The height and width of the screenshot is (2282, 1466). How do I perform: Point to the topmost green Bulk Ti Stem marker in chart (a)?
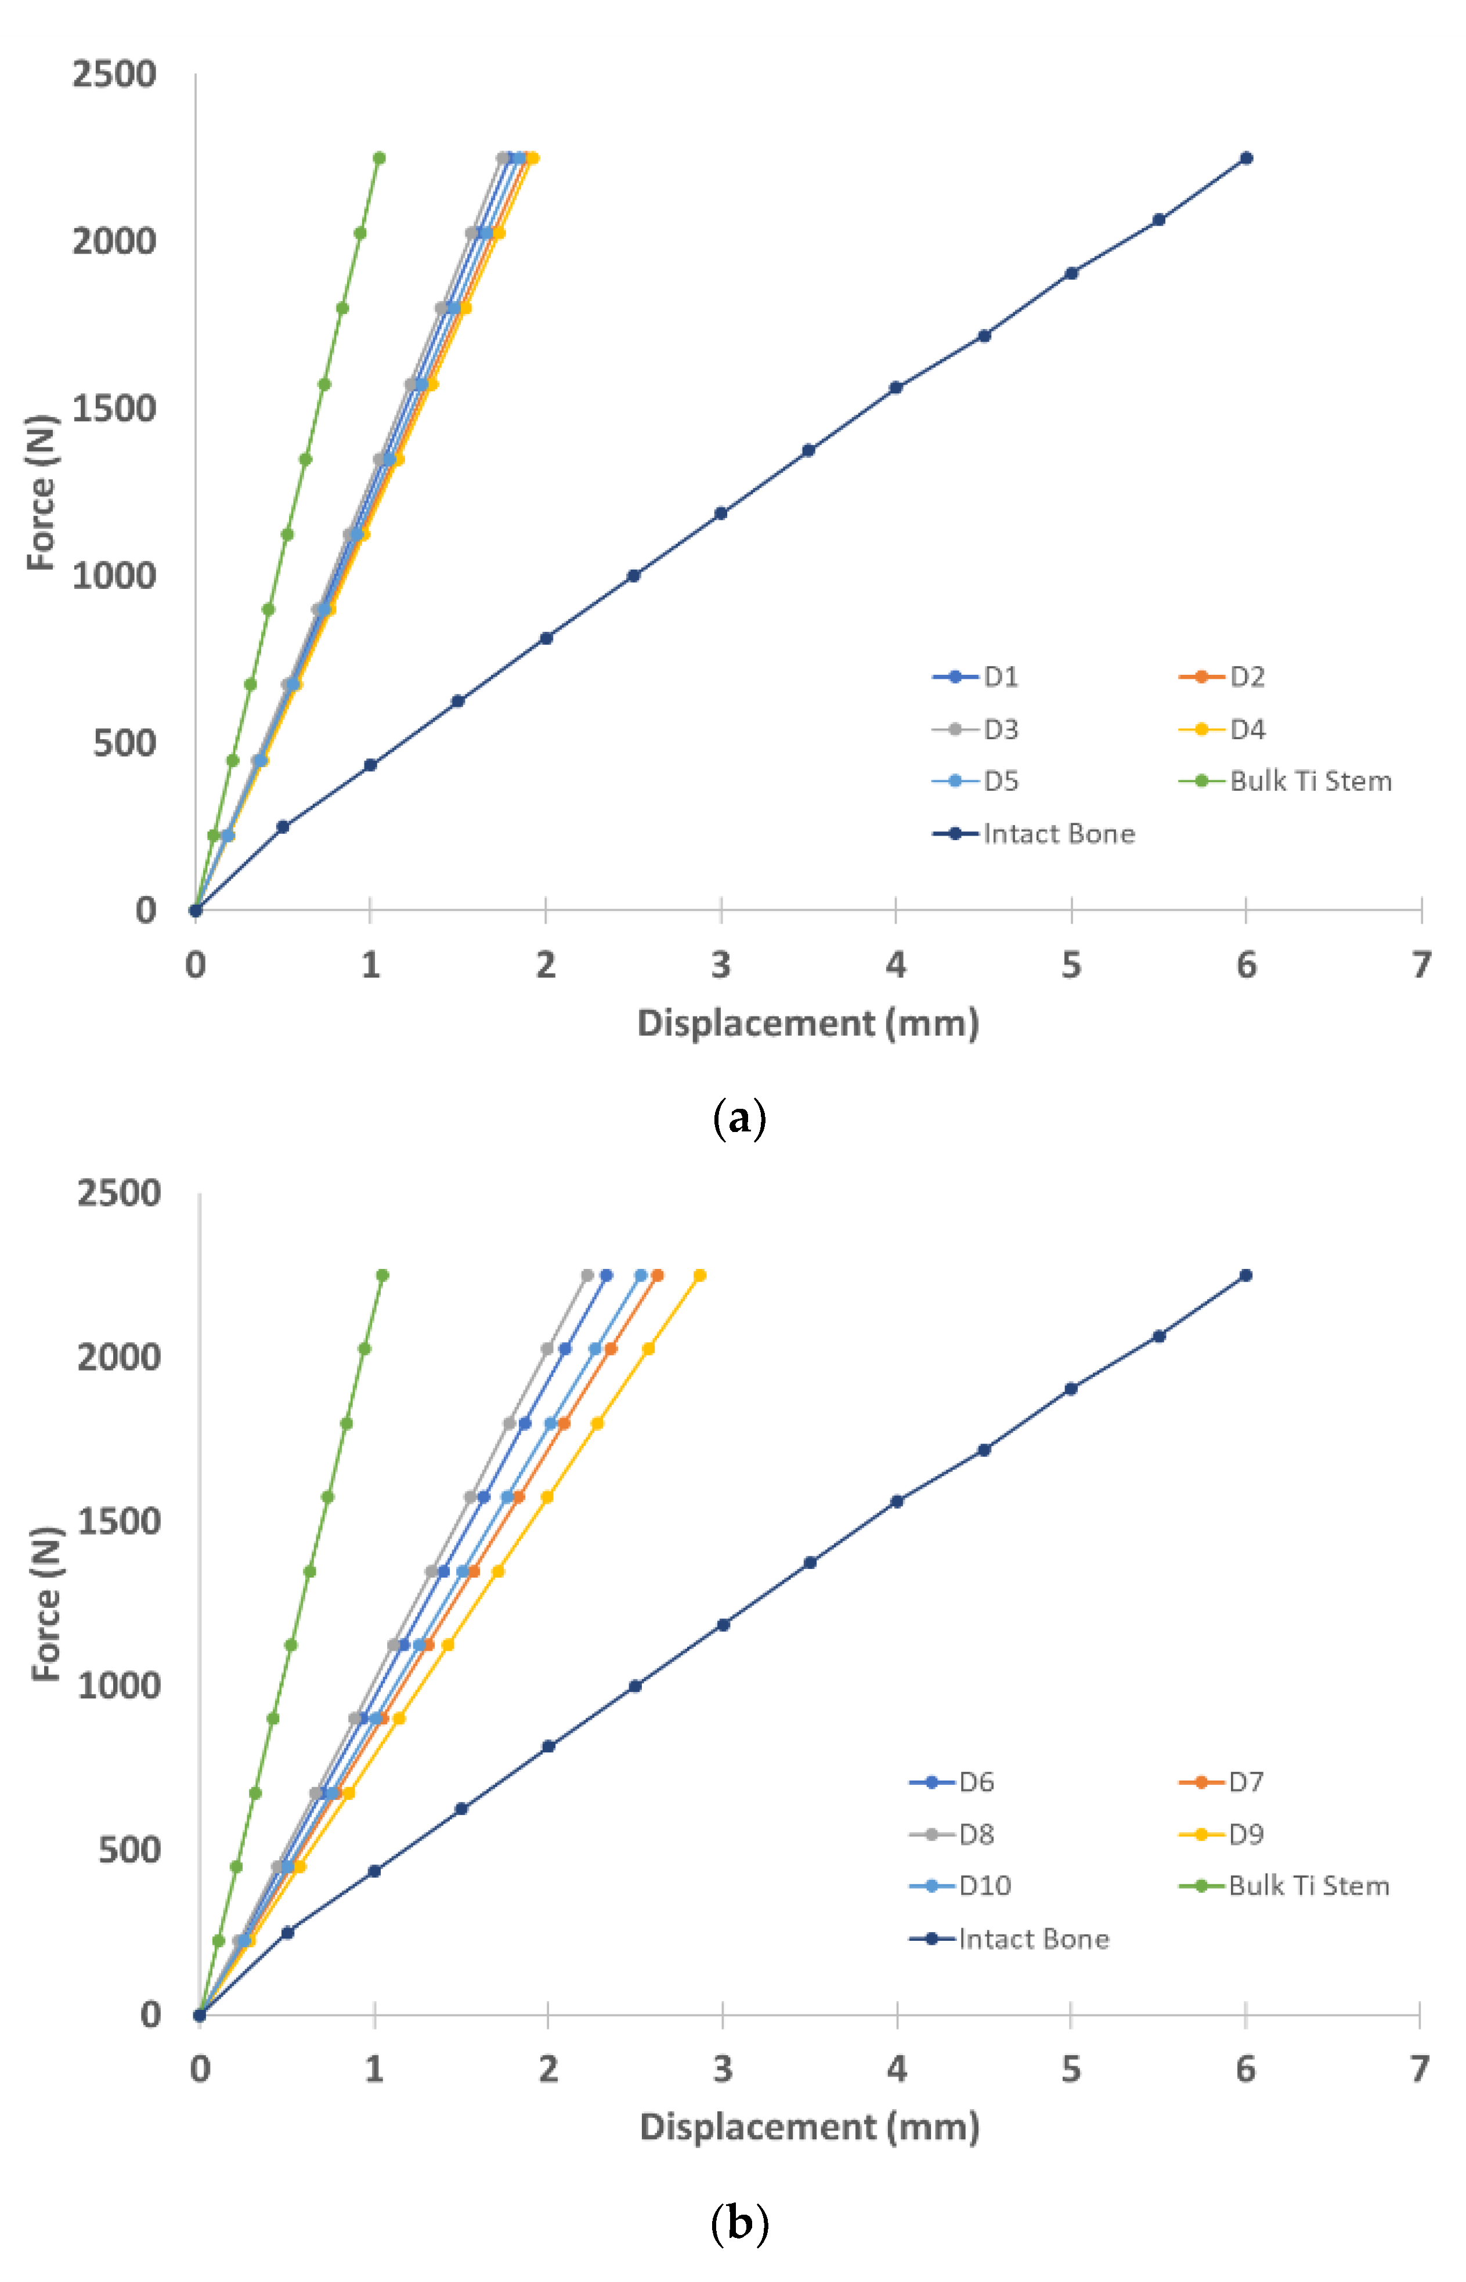point(379,158)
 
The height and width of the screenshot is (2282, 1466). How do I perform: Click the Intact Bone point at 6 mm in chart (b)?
point(1245,1275)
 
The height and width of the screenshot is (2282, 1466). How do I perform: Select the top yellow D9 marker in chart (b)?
point(700,1275)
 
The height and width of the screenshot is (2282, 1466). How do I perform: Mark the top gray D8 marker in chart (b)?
point(587,1275)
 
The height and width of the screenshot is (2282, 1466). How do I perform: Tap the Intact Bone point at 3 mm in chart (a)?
point(721,513)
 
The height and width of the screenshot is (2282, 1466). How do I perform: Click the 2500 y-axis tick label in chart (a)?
point(114,74)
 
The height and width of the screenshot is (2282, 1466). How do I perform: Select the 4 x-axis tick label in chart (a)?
point(896,966)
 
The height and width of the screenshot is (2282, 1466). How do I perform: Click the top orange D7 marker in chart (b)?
point(657,1275)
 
